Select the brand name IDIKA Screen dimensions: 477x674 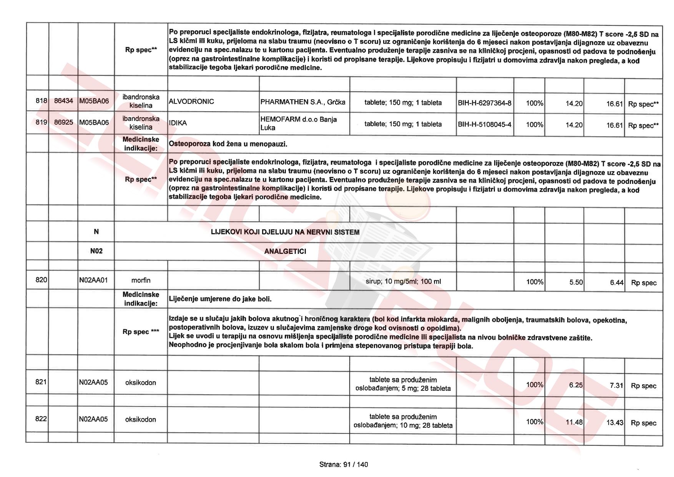tap(178, 123)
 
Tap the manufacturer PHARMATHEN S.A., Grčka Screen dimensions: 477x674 tap(303, 102)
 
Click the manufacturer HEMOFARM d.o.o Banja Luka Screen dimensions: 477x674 tap(299, 123)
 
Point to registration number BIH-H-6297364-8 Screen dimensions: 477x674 tap(485, 103)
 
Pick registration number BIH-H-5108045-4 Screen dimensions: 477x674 tap(485, 125)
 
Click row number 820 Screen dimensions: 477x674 tap(41, 280)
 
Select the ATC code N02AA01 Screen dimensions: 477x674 tap(93, 280)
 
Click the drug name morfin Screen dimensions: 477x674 tap(141, 280)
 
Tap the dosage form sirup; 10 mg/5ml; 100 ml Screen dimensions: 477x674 tap(403, 282)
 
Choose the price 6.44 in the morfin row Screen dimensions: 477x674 tap(616, 283)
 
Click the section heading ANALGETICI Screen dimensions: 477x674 tap(285, 252)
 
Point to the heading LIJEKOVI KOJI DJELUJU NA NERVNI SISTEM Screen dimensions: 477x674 tap(285, 232)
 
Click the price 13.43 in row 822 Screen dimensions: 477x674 tap(614, 423)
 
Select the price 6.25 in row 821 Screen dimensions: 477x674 tap(576, 385)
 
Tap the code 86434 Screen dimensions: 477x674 tap(63, 101)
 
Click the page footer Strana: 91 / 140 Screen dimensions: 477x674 tap(344, 465)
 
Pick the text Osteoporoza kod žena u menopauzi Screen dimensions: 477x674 tap(228, 144)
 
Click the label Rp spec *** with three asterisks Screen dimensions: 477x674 tap(141, 332)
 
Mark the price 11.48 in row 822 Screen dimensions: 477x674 tap(574, 422)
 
